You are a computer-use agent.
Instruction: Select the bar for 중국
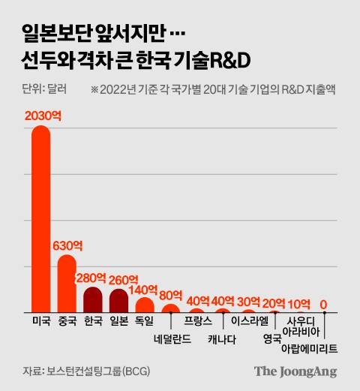coord(67,285)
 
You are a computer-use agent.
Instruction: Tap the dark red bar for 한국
coord(93,300)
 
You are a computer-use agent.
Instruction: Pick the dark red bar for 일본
coord(118,301)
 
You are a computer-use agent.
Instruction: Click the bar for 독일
coord(144,305)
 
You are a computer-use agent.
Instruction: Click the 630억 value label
coord(67,245)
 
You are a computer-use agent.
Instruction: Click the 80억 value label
coord(170,294)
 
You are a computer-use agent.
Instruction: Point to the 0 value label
coord(324,304)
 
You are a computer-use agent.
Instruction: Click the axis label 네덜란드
coord(171,338)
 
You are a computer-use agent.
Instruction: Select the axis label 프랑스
coord(197,320)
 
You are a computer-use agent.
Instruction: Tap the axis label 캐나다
coord(222,338)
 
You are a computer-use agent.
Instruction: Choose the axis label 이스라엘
coord(249,320)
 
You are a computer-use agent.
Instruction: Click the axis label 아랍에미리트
coord(309,349)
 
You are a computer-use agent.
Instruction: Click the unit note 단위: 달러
coord(44,89)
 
